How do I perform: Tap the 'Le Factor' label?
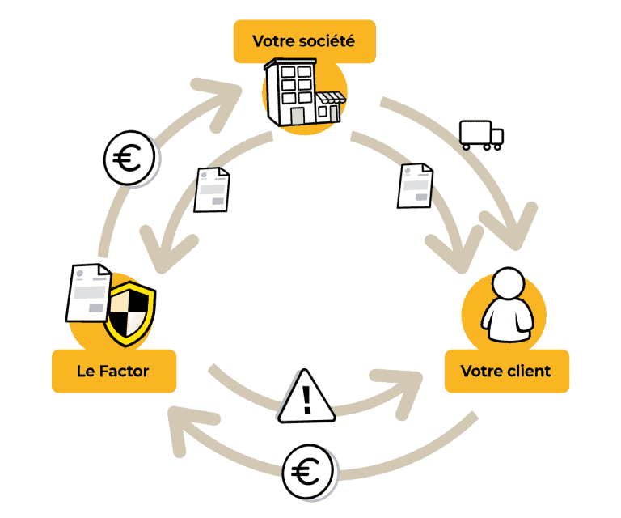113,371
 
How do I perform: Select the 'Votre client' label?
505,371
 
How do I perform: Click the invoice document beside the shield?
87,292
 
